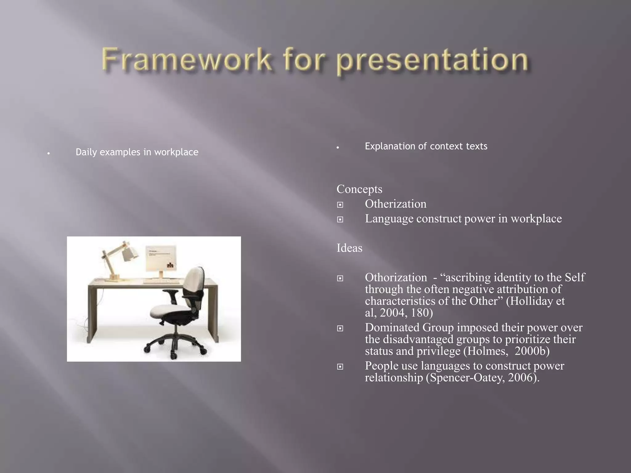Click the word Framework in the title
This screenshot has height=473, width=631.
[186, 60]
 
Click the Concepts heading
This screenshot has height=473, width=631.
[359, 189]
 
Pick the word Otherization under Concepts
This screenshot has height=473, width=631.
[396, 204]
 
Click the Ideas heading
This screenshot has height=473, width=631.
[349, 248]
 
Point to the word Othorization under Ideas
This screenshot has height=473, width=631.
[396, 277]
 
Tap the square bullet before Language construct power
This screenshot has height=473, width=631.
[340, 220]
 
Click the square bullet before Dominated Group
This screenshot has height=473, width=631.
[340, 329]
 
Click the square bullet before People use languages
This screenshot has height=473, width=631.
[340, 367]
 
